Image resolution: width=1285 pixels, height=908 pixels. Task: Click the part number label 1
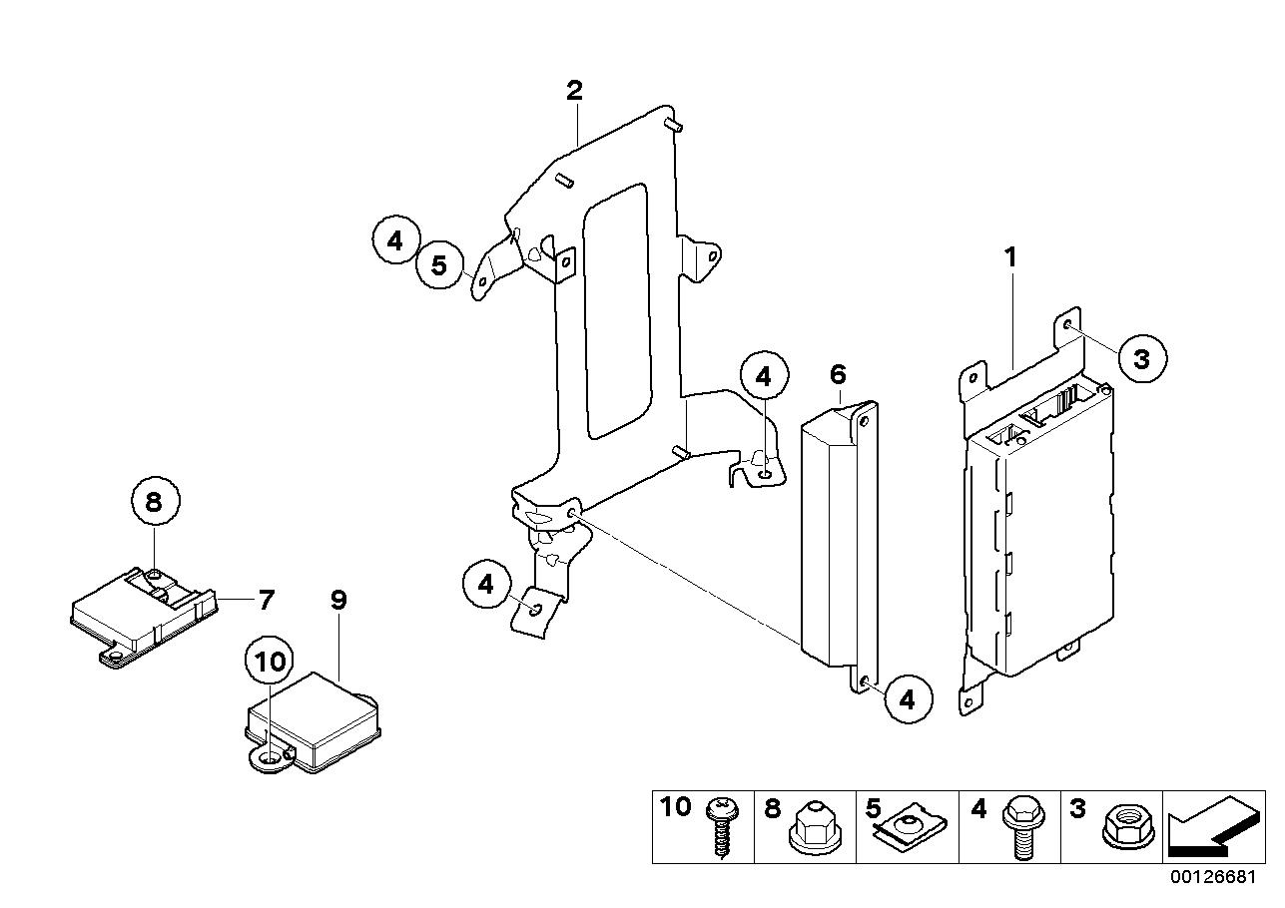(1010, 257)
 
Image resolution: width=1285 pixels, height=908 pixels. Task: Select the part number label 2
(574, 90)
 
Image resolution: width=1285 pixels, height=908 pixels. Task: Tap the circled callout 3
(1142, 359)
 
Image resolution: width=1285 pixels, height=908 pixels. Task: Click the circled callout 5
(439, 265)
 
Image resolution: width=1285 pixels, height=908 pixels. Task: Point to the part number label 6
(838, 374)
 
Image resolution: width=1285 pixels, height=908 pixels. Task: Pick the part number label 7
(265, 600)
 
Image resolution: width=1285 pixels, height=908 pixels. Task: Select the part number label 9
(339, 600)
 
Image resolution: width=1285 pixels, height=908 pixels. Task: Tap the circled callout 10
(269, 663)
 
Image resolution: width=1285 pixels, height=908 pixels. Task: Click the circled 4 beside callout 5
(395, 239)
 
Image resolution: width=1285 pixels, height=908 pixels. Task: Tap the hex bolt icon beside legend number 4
(1023, 829)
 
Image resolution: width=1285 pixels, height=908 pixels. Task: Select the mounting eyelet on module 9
(270, 760)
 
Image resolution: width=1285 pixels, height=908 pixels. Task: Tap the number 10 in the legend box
(675, 807)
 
